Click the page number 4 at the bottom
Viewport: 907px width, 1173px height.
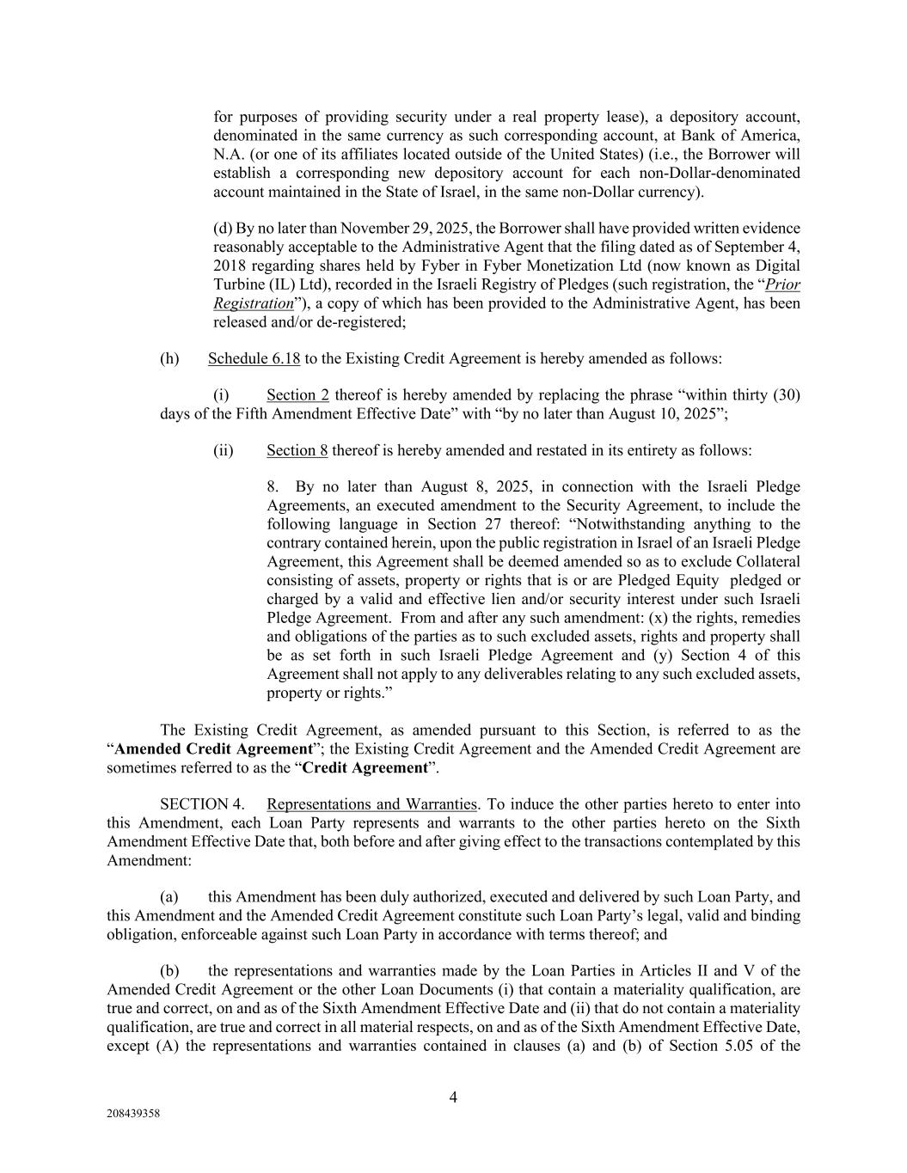pos(453,1097)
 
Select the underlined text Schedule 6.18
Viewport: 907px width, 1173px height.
pos(254,358)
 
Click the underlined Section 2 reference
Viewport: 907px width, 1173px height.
pos(297,395)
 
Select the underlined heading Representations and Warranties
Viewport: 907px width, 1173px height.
pos(371,804)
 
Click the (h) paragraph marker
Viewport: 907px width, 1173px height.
pos(169,358)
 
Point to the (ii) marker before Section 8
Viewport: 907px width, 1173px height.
pos(223,450)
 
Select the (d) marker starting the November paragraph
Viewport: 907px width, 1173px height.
pos(222,229)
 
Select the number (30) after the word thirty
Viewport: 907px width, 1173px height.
pos(787,395)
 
